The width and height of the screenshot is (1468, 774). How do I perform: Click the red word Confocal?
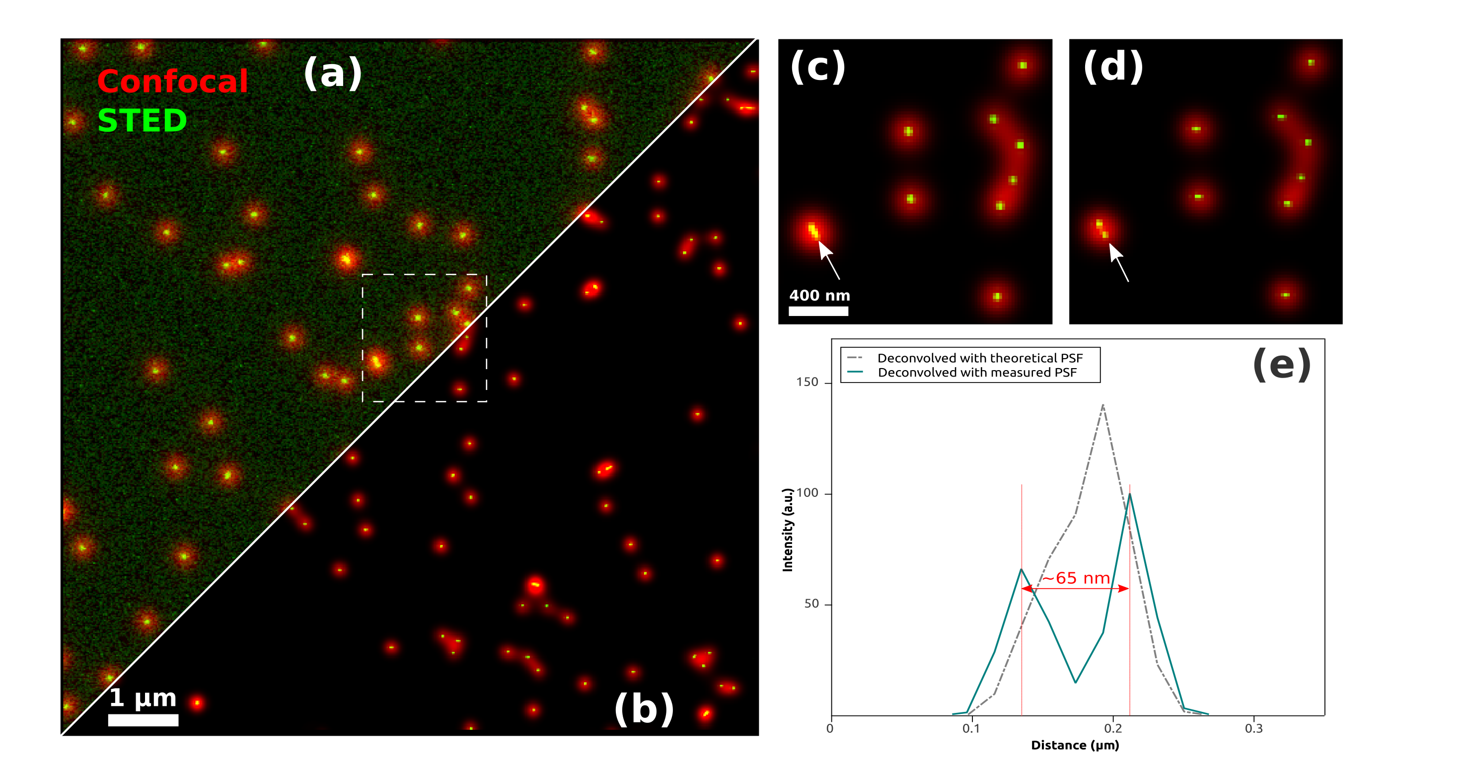tap(172, 81)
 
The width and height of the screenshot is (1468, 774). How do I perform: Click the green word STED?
tap(142, 120)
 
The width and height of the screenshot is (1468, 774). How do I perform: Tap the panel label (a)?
tap(333, 73)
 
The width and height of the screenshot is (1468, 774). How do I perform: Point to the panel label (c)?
tap(817, 67)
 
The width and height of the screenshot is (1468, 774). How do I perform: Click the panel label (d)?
tap(1113, 67)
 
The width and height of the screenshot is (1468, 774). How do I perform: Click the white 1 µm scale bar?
tap(143, 720)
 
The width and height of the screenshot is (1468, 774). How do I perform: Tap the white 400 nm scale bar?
tap(818, 310)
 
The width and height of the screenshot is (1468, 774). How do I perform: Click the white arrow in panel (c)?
tap(829, 260)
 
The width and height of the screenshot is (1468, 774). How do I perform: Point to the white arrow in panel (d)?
tap(1119, 262)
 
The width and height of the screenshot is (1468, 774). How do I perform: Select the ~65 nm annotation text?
tap(1076, 578)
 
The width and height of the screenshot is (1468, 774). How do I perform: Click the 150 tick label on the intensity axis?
tap(807, 382)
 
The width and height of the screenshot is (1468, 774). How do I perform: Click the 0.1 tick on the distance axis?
tap(971, 728)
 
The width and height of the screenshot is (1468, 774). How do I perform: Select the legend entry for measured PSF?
tap(977, 372)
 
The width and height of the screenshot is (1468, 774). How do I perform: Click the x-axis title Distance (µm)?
tap(1075, 745)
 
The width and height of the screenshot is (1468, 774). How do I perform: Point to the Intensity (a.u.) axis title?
tap(788, 530)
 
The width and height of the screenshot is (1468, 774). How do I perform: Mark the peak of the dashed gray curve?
tap(1103, 405)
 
